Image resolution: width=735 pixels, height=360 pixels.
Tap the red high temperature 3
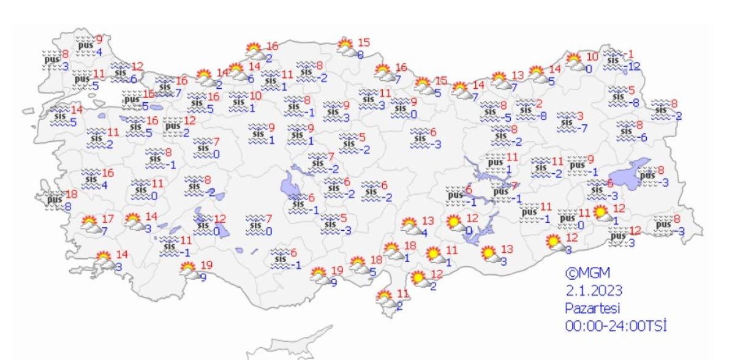pos(580,116)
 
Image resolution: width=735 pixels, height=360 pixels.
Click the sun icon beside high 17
pos(91,225)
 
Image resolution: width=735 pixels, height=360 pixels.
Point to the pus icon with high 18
pos(56,199)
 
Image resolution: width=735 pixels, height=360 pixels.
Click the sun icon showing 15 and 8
pos(346,47)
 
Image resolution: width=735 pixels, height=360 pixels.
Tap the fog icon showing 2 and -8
pos(526,110)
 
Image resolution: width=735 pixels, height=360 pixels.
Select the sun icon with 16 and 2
pos(254,50)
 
